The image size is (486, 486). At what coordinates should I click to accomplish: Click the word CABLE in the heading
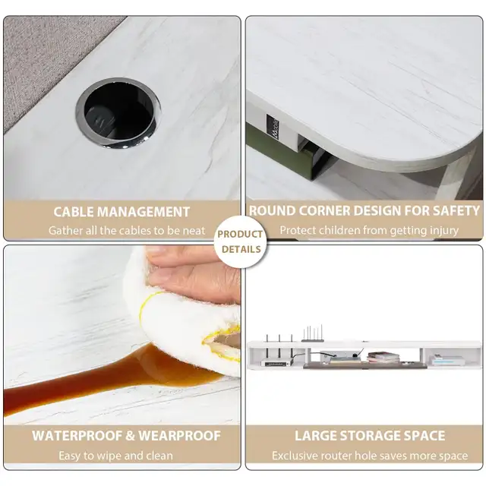74,212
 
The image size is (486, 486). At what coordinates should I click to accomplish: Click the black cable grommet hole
118,113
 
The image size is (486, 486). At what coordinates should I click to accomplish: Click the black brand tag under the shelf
273,125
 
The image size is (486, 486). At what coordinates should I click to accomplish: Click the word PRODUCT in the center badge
240,234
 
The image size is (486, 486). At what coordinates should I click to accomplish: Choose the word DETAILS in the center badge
241,249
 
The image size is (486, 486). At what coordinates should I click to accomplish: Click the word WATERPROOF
77,436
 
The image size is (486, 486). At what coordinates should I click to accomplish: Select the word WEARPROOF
180,436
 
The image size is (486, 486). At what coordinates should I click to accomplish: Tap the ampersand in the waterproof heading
131,436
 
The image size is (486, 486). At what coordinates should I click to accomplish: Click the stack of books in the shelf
383,358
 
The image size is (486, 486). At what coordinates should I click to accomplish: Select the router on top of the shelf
312,334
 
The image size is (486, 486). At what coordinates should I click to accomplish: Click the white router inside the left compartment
277,362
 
